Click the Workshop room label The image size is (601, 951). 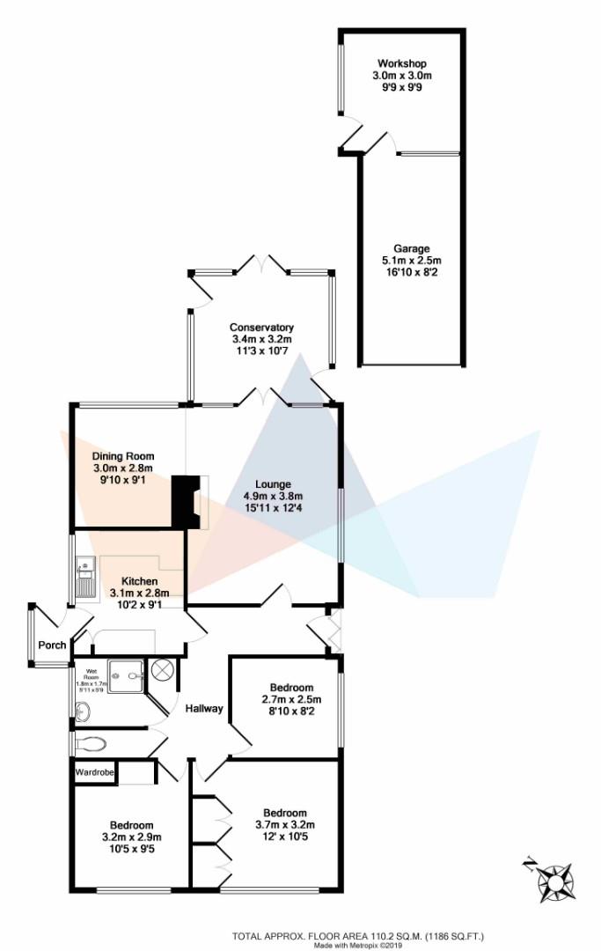pos(401,64)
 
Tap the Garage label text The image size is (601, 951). pos(411,249)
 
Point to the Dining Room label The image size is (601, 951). pos(123,456)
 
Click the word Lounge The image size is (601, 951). pos(273,483)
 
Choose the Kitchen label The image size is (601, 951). pos(139,581)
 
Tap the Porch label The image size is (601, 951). pos(52,645)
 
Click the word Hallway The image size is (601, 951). pos(203,709)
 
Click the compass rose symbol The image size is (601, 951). pos(554,879)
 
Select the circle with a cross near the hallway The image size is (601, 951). pos(164,669)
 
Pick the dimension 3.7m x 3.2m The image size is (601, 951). pos(285,824)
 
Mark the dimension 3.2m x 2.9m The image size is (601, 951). pos(132,838)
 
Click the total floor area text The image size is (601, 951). pos(358,936)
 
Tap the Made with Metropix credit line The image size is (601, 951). pos(358,947)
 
